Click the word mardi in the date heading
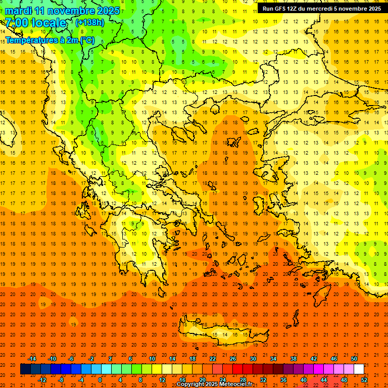18,11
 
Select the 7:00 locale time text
36,23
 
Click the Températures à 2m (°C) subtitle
48,40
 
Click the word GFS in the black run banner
282,9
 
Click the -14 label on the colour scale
32,359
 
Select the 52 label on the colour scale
364,380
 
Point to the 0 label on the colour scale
101,380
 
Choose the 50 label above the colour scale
354,359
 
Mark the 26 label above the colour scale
233,359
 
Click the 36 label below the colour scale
283,380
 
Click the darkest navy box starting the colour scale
25,369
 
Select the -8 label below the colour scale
61,380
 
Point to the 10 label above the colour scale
152,359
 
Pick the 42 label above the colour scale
314,359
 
